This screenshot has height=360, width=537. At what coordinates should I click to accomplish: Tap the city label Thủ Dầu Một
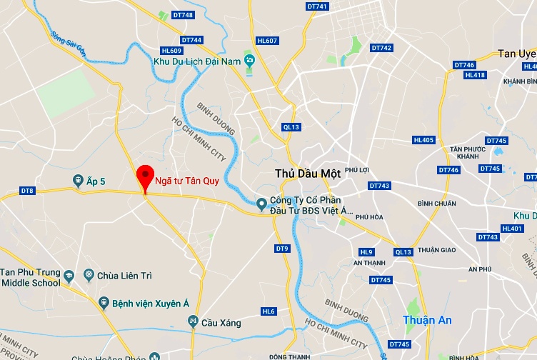[308, 173]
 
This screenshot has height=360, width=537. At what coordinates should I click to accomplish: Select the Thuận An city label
[427, 321]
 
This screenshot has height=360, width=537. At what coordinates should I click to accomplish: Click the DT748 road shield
[183, 15]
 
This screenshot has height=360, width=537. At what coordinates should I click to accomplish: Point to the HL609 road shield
[172, 51]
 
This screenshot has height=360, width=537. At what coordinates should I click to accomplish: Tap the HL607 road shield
[267, 41]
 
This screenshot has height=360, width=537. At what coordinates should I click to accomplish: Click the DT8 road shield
[27, 191]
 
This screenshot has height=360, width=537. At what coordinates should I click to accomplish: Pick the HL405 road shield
[423, 140]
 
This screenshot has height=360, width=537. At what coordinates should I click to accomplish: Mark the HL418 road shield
[475, 75]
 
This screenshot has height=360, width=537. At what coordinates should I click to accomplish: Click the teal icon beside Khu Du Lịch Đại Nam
[249, 61]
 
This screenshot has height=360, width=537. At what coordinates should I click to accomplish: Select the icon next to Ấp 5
[78, 181]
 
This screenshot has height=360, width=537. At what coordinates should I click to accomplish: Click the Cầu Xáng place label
[221, 323]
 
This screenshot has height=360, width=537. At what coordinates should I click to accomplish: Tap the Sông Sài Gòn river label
[67, 37]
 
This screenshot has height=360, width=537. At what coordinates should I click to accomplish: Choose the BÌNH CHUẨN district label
[436, 204]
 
